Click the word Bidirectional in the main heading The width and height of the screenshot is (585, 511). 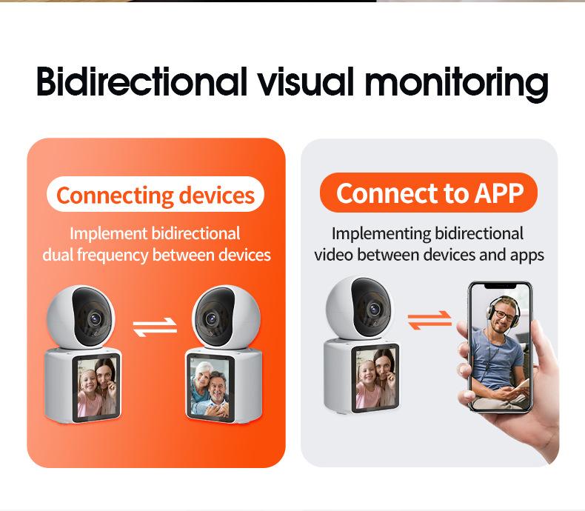[141, 81]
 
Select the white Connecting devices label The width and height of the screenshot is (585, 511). [156, 194]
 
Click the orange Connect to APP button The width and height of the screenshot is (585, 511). [429, 193]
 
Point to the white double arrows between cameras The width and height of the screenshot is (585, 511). [155, 327]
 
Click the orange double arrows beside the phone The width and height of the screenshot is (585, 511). [429, 320]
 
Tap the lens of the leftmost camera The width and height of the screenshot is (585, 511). [95, 318]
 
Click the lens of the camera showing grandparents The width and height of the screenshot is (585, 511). [212, 318]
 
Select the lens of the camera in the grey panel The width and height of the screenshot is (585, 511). [374, 309]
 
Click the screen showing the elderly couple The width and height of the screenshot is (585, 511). [211, 388]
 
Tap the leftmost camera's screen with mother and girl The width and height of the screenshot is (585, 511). [96, 388]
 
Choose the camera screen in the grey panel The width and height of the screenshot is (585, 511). [375, 378]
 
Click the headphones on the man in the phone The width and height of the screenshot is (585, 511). [504, 309]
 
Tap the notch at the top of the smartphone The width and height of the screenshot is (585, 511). [501, 286]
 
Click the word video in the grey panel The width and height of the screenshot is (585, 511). [333, 255]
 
